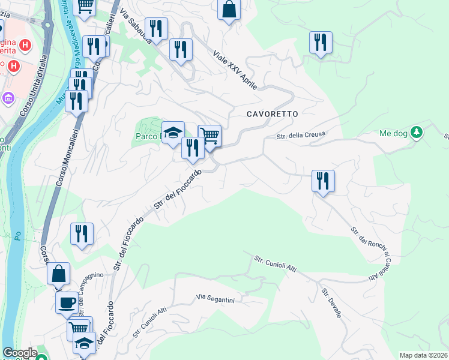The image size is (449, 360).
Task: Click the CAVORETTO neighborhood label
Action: [272, 113]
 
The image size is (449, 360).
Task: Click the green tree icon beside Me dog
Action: [415, 132]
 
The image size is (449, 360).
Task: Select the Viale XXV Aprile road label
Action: [235, 70]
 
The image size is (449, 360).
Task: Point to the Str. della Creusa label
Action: [300, 136]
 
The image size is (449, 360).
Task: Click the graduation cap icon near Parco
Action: [173, 132]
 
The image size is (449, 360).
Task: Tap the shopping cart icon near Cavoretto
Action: [209, 135]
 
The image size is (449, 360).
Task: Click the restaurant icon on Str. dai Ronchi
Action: [323, 180]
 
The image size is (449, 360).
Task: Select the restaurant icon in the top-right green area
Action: [321, 42]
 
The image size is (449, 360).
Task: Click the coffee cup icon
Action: [67, 302]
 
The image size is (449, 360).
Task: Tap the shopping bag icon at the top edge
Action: [229, 8]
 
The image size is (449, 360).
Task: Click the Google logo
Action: [20, 353]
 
